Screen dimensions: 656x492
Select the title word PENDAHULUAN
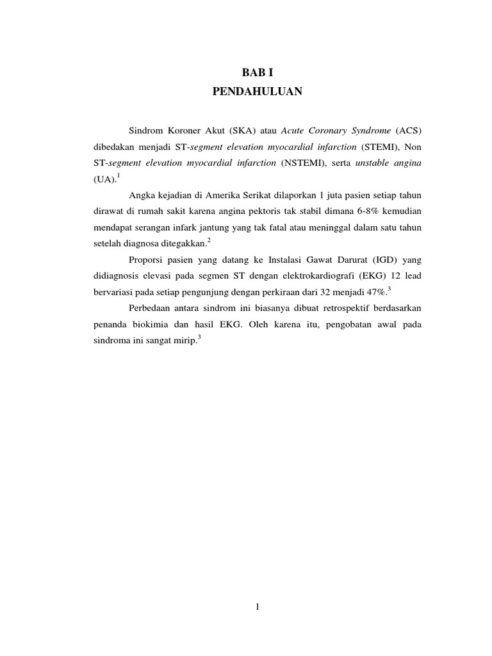click(256, 92)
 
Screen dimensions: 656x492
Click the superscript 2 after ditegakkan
click(209, 240)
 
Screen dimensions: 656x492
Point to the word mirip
click(185, 341)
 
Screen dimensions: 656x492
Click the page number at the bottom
click(256, 607)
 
